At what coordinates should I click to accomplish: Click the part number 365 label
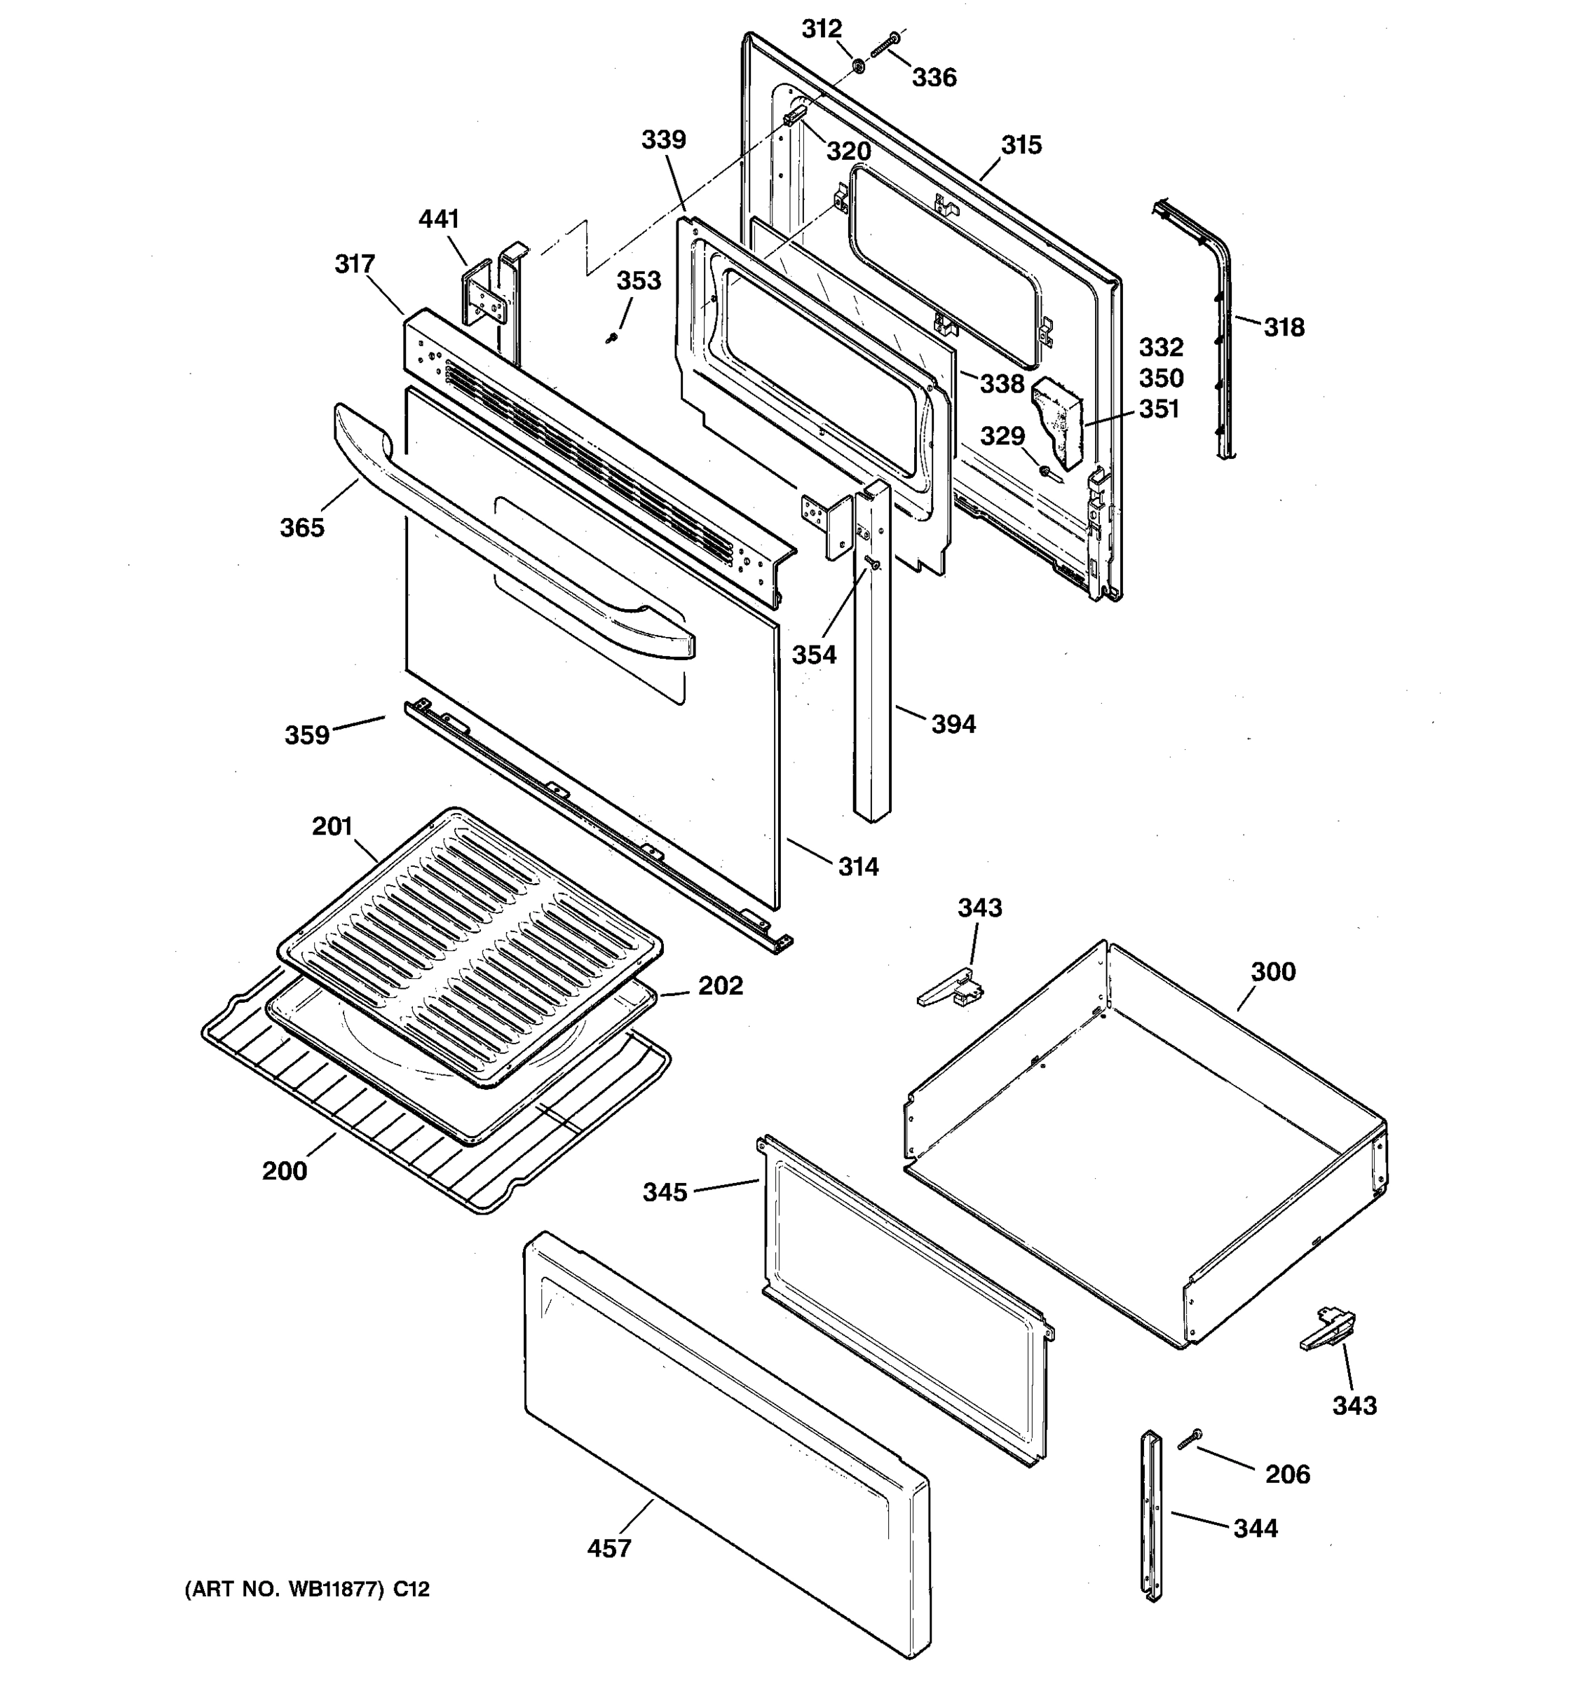(x=302, y=527)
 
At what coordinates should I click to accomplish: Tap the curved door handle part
(x=508, y=542)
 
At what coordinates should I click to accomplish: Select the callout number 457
(x=609, y=1548)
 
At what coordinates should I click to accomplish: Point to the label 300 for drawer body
(x=1272, y=971)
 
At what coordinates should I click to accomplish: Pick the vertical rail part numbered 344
(x=1152, y=1515)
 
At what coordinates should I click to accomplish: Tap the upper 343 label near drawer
(x=980, y=908)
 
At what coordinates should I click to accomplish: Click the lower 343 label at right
(x=1354, y=1405)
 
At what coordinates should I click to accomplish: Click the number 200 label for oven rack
(x=285, y=1171)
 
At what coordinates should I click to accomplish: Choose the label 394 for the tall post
(x=953, y=724)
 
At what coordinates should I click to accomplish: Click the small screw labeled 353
(x=611, y=339)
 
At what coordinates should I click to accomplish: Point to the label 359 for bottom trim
(x=306, y=734)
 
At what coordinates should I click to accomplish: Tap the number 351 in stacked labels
(x=1159, y=409)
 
